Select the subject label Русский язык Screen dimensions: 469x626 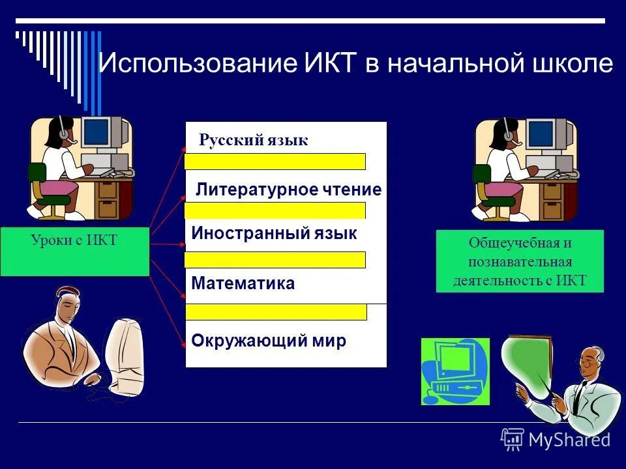point(253,140)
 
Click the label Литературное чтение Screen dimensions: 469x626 point(289,190)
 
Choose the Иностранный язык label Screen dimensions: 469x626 point(274,234)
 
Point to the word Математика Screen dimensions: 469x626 point(243,283)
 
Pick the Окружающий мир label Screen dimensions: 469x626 point(269,341)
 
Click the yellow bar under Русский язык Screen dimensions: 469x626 point(275,162)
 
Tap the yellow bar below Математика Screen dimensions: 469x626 point(276,312)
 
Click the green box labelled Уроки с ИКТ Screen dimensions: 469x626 point(74,251)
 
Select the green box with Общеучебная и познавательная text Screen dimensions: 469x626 point(520,261)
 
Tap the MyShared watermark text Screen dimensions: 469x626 point(569,440)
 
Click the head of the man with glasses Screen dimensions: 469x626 point(591,362)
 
